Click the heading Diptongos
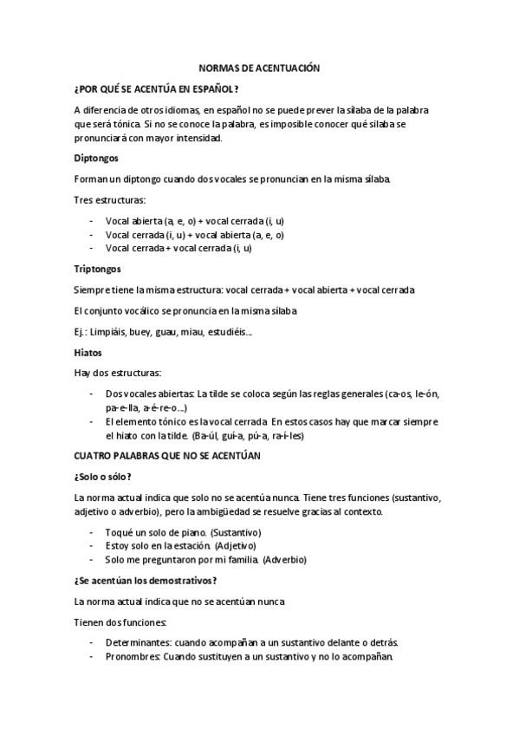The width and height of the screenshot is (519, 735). tap(96, 159)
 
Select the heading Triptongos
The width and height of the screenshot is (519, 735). tap(98, 269)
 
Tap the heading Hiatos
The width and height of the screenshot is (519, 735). tap(89, 353)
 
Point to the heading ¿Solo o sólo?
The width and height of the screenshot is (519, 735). tap(103, 476)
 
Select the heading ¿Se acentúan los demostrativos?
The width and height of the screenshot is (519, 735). tap(144, 580)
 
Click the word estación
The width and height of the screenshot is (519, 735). tap(193, 545)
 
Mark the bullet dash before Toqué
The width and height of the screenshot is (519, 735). tap(92, 531)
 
